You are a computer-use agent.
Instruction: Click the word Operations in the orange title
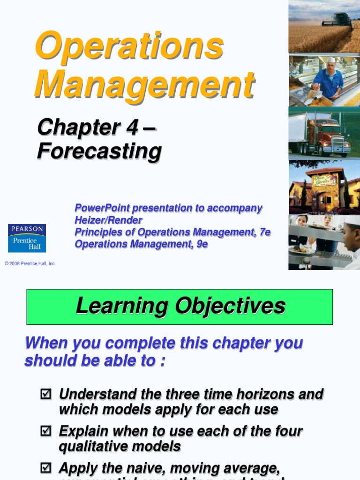click(129, 46)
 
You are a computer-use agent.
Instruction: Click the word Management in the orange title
click(144, 84)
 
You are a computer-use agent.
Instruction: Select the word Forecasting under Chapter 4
click(99, 151)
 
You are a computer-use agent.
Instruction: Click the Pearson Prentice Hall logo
click(27, 238)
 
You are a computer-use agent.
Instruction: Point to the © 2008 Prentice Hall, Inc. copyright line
click(30, 264)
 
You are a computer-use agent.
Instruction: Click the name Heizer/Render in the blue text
click(108, 220)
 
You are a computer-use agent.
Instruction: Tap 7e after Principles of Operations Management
click(263, 232)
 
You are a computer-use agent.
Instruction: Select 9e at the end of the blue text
click(202, 244)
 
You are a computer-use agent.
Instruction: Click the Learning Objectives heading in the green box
click(180, 306)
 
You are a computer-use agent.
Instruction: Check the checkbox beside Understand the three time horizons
click(45, 394)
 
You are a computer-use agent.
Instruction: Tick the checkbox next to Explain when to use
click(45, 431)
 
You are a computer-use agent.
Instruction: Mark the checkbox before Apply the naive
click(45, 467)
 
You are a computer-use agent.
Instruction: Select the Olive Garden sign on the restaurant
click(324, 180)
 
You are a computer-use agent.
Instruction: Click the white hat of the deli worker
click(331, 60)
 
